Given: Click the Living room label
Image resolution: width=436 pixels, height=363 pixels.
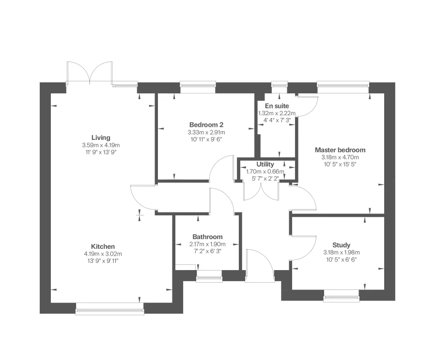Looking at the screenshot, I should coord(101,138).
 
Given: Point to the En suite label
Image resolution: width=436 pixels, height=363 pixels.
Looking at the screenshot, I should coord(277,106).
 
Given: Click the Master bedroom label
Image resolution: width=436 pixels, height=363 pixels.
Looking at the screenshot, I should coord(340,150).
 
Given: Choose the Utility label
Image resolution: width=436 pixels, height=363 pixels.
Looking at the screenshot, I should coord(265,165).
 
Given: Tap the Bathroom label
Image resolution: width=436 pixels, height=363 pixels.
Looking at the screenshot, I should coord(207,237).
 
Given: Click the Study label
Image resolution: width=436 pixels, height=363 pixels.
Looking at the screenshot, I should coord(341,245).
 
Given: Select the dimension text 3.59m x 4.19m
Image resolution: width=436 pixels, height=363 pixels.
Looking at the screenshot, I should coord(101,145).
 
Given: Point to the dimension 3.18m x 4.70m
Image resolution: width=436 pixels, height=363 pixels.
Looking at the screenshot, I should coord(340,157).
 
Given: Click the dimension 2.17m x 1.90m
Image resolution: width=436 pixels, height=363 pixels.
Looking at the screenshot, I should coord(207,244).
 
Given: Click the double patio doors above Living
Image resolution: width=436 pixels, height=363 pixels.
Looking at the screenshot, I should coord(90,74).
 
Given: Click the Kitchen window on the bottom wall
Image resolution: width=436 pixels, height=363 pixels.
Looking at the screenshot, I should coord(110,308).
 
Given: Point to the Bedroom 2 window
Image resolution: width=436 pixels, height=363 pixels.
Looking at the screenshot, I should coord(197,86).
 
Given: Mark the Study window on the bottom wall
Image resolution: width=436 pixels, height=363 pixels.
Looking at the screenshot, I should coord(341,295).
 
